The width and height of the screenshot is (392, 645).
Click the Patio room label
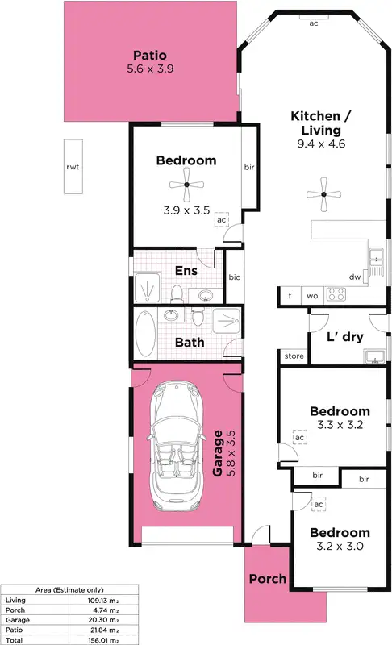[151, 56]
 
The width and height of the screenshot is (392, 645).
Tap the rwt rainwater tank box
[74, 167]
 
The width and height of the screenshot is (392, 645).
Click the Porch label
[267, 578]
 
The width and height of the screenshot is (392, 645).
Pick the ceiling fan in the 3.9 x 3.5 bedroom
[186, 185]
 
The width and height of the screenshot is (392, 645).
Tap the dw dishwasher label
[354, 277]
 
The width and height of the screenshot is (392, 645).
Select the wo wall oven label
[311, 296]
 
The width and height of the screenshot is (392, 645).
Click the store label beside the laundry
[293, 356]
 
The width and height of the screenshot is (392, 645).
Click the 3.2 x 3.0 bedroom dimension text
[340, 546]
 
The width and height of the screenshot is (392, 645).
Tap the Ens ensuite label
[186, 271]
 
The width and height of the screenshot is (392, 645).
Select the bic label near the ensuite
[234, 277]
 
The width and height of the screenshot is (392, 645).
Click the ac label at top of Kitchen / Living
[313, 23]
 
